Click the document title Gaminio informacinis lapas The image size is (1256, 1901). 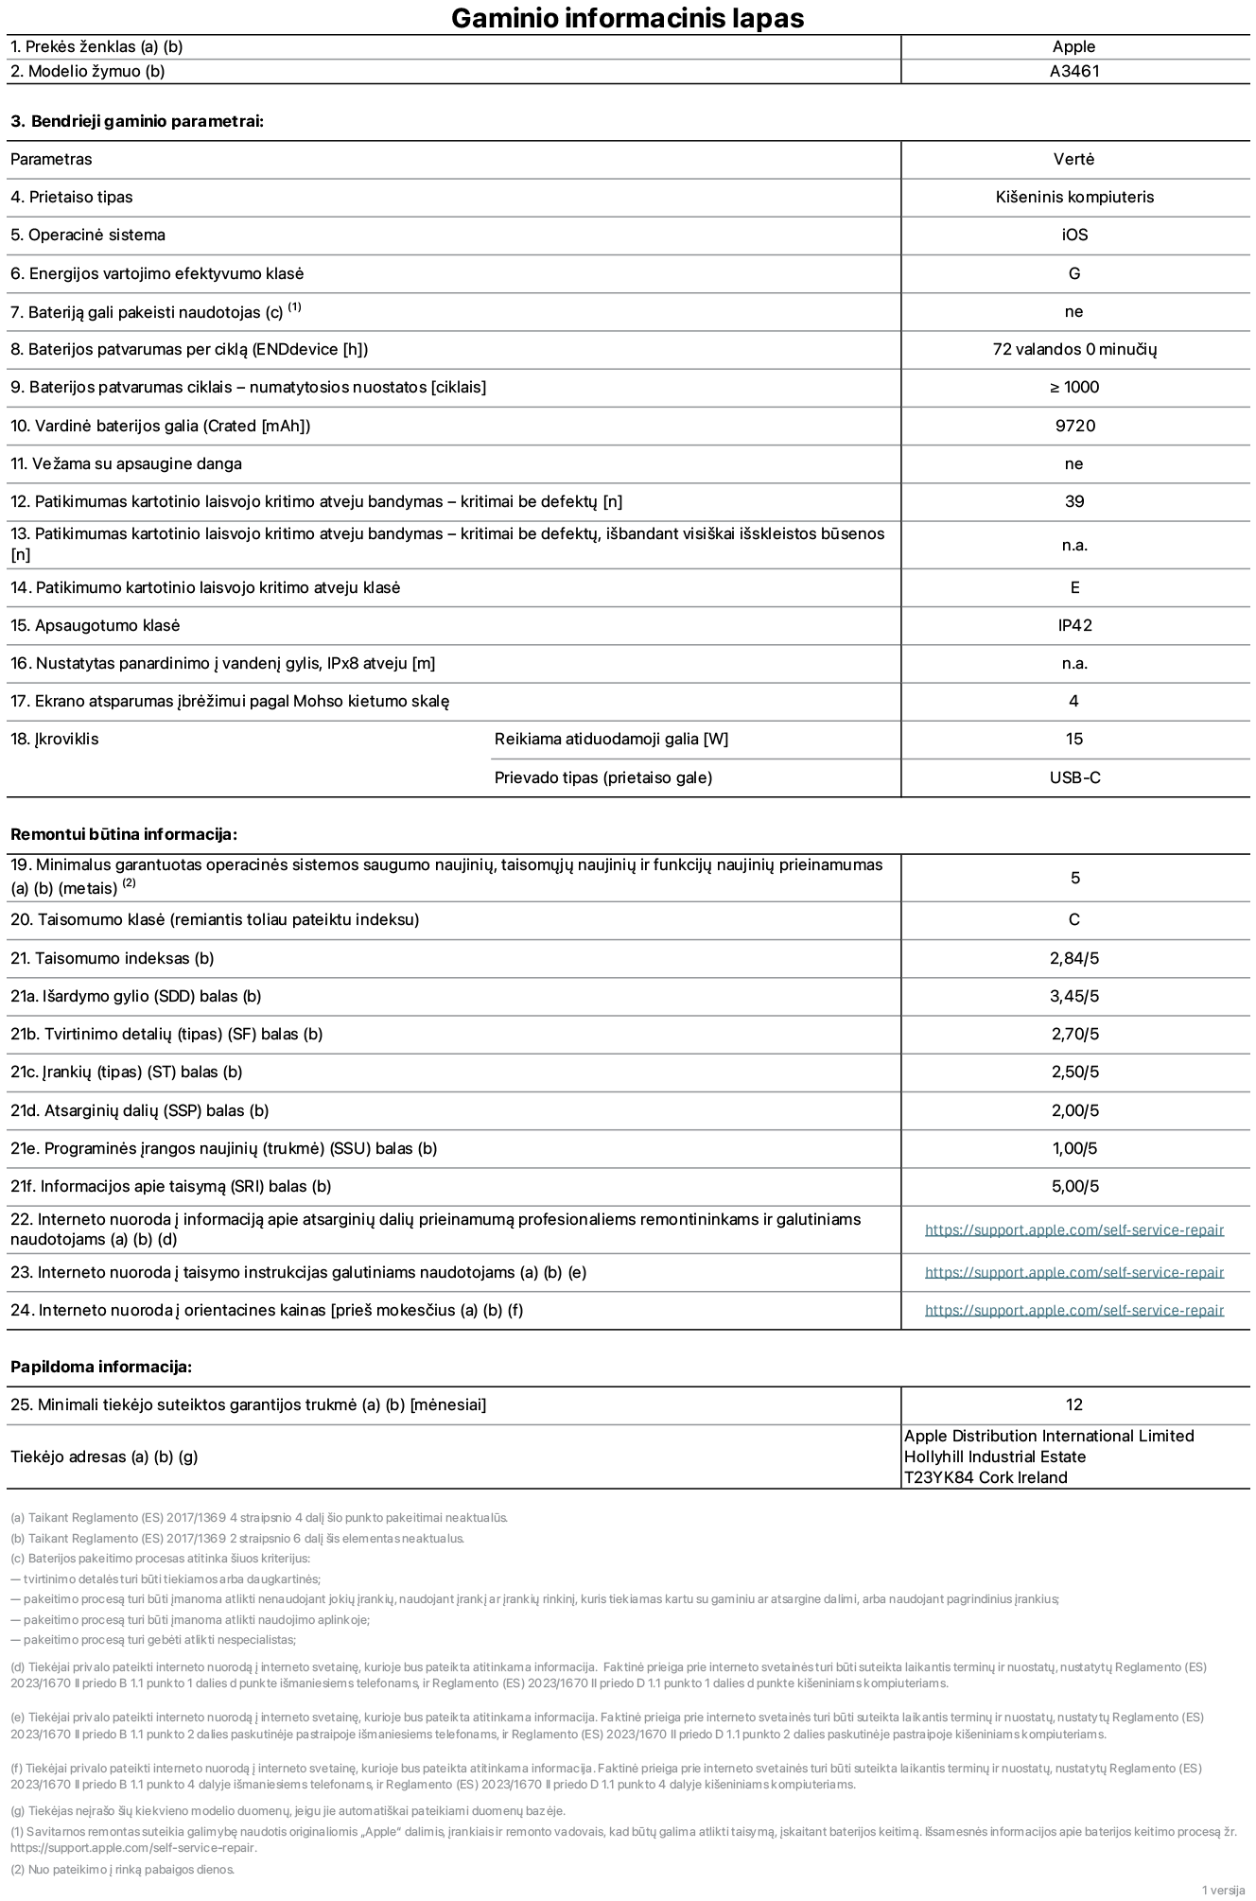point(627,18)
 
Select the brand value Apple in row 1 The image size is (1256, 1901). point(1073,46)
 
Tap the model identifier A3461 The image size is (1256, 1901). point(1074,71)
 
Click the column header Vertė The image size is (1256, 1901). point(1073,159)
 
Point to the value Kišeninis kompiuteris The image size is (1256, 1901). point(1074,197)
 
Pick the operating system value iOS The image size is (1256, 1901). point(1074,235)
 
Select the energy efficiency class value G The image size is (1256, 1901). point(1073,273)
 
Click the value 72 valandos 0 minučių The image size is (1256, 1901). point(1074,349)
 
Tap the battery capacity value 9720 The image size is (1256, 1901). point(1074,426)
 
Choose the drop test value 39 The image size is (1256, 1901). point(1074,501)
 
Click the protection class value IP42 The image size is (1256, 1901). point(1074,625)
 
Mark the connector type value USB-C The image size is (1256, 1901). point(1074,777)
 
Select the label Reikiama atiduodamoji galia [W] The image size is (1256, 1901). point(611,739)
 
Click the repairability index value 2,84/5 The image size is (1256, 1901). point(1074,958)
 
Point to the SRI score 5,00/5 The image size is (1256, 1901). point(1074,1186)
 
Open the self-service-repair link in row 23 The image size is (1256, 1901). point(1073,1272)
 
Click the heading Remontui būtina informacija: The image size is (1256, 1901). point(123,834)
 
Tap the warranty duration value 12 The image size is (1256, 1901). point(1073,1404)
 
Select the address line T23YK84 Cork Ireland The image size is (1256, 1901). point(985,1477)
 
